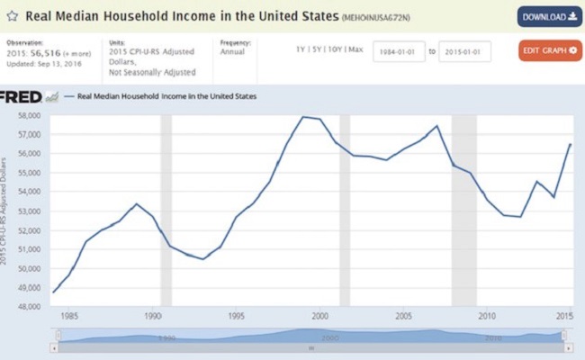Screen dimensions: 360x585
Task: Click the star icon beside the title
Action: [x=12, y=16]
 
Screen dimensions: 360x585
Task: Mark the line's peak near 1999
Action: [x=304, y=117]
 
